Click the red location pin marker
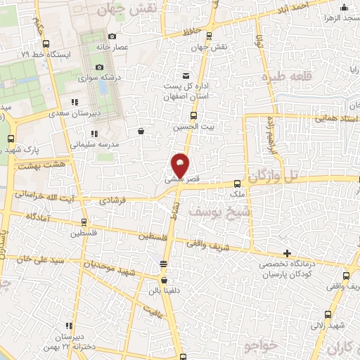tap(180, 165)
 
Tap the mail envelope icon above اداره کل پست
tap(186, 75)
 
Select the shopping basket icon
tap(141, 130)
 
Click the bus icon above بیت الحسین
tap(193, 116)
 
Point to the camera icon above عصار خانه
tap(112, 37)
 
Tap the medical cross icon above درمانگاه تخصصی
tap(286, 253)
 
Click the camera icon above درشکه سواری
tap(99, 66)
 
